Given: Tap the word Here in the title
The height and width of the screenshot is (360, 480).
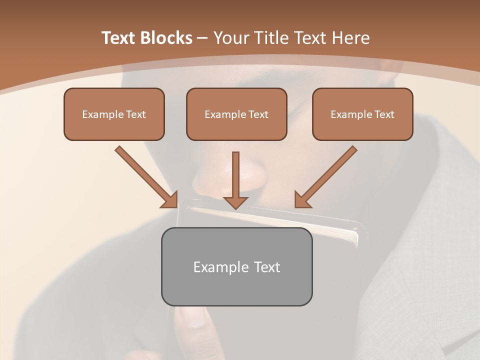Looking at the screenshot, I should (x=350, y=38).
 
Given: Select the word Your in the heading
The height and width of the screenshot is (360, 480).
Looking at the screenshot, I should (x=231, y=38).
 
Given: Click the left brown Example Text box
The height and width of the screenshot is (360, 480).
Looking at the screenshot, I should (x=114, y=114).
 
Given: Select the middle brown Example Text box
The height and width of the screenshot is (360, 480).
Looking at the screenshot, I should (x=236, y=114).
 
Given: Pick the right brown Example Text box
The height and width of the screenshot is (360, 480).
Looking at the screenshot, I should (x=362, y=114).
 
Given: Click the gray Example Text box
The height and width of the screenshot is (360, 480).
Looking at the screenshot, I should (x=236, y=266).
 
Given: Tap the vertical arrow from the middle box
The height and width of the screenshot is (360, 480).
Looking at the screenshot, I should (x=235, y=175).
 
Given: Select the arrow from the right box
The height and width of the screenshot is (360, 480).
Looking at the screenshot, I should (x=327, y=175).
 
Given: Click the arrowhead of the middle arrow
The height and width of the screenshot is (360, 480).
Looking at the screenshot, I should (x=235, y=202).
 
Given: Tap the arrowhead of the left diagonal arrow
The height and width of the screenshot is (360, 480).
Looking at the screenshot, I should (x=170, y=200).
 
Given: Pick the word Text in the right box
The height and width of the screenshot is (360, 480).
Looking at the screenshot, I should (x=383, y=114).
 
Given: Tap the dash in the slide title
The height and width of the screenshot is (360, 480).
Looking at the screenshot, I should (x=202, y=38).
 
